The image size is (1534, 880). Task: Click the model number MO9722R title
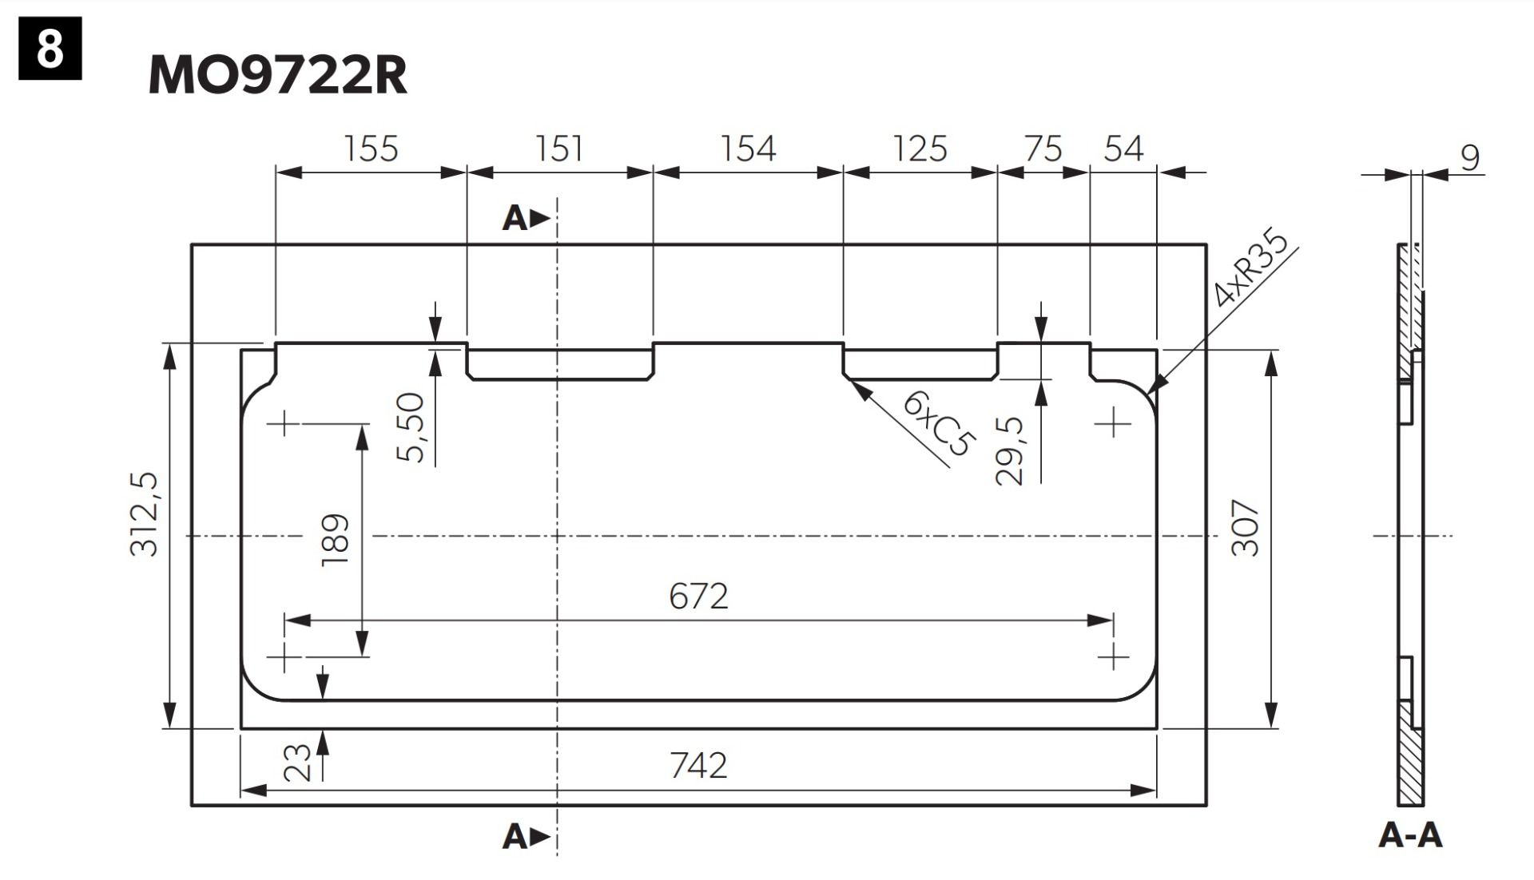click(x=277, y=75)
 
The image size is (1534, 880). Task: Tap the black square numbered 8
click(x=50, y=50)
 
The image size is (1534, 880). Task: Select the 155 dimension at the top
click(x=371, y=149)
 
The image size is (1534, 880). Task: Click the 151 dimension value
click(x=559, y=149)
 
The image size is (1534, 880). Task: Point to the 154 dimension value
click(x=748, y=149)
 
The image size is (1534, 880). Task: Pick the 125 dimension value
click(x=920, y=149)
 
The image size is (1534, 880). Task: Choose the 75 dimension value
click(x=1043, y=149)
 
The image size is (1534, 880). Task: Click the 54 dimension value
click(x=1123, y=149)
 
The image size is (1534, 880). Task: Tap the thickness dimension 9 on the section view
click(x=1470, y=157)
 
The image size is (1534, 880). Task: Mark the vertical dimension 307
click(x=1246, y=528)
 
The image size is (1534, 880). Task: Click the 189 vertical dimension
click(x=336, y=540)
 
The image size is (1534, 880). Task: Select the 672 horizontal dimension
click(x=698, y=597)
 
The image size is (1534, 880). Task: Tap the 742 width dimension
click(x=698, y=766)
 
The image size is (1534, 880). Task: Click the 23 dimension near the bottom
click(x=298, y=762)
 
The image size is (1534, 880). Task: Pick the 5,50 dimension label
click(x=411, y=427)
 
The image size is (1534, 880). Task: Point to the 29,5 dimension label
click(x=1010, y=450)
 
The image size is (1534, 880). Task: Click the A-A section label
click(x=1410, y=835)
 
